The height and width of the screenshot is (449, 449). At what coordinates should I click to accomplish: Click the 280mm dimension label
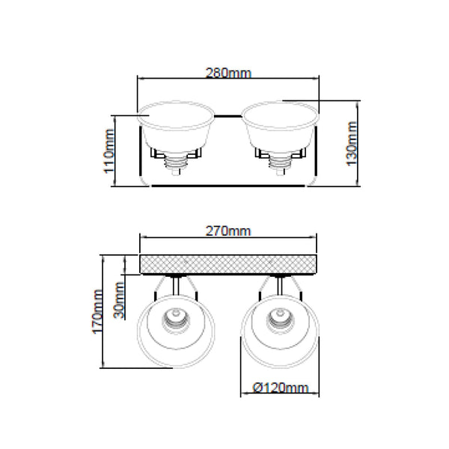pyautogui.click(x=228, y=73)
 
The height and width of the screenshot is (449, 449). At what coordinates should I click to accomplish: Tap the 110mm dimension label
pyautogui.click(x=109, y=151)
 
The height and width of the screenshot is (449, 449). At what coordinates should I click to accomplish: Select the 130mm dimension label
pyautogui.click(x=352, y=144)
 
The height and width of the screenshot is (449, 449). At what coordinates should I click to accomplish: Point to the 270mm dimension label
pyautogui.click(x=228, y=231)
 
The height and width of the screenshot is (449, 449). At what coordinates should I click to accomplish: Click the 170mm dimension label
pyautogui.click(x=97, y=312)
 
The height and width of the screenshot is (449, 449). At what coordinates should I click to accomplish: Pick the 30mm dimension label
pyautogui.click(x=119, y=300)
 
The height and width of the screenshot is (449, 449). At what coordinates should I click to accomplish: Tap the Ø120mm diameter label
pyautogui.click(x=281, y=388)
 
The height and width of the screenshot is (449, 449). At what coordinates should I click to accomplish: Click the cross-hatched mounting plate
pyautogui.click(x=228, y=265)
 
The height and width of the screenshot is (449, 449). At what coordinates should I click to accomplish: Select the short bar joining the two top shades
pyautogui.click(x=228, y=116)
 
